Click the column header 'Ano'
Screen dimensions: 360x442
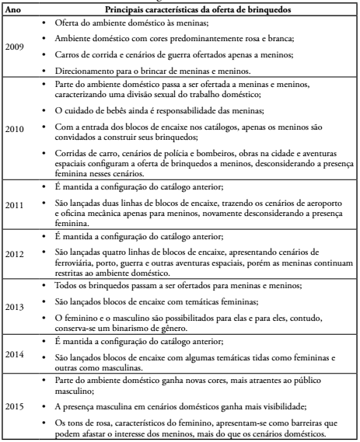tap(13, 9)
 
